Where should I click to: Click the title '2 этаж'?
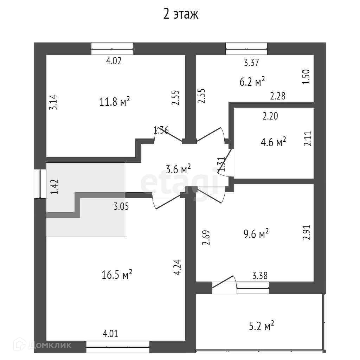pyautogui.click(x=181, y=14)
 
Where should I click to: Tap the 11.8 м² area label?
pyautogui.click(x=115, y=102)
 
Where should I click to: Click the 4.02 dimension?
pyautogui.click(x=114, y=61)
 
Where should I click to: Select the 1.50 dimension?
pyautogui.click(x=306, y=76)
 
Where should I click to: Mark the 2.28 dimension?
pyautogui.click(x=277, y=95)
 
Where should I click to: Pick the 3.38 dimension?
pyautogui.click(x=260, y=276)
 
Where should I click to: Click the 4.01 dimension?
pyautogui.click(x=110, y=333)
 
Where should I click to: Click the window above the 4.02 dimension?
pyautogui.click(x=112, y=49)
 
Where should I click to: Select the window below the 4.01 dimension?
pyautogui.click(x=118, y=347)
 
